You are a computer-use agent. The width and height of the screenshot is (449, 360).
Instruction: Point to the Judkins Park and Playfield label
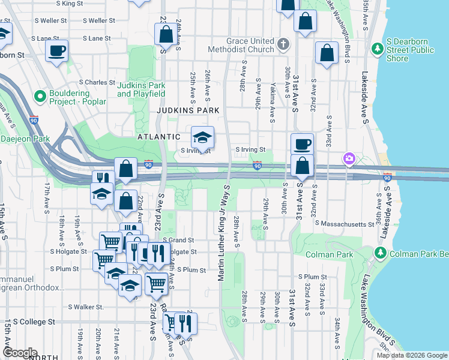click(x=141, y=89)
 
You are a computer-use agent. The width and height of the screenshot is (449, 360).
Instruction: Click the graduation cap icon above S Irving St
click(x=202, y=137)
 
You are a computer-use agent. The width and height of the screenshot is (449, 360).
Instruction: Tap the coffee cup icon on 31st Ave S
click(x=302, y=144)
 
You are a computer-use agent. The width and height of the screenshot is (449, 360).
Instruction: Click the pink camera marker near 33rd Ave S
click(x=349, y=158)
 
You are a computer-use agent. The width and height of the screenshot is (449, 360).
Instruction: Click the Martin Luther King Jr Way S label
click(x=221, y=234)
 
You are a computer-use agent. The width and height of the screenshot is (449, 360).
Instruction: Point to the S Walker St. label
click(x=86, y=307)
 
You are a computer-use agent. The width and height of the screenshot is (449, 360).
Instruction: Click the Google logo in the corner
click(x=20, y=353)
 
